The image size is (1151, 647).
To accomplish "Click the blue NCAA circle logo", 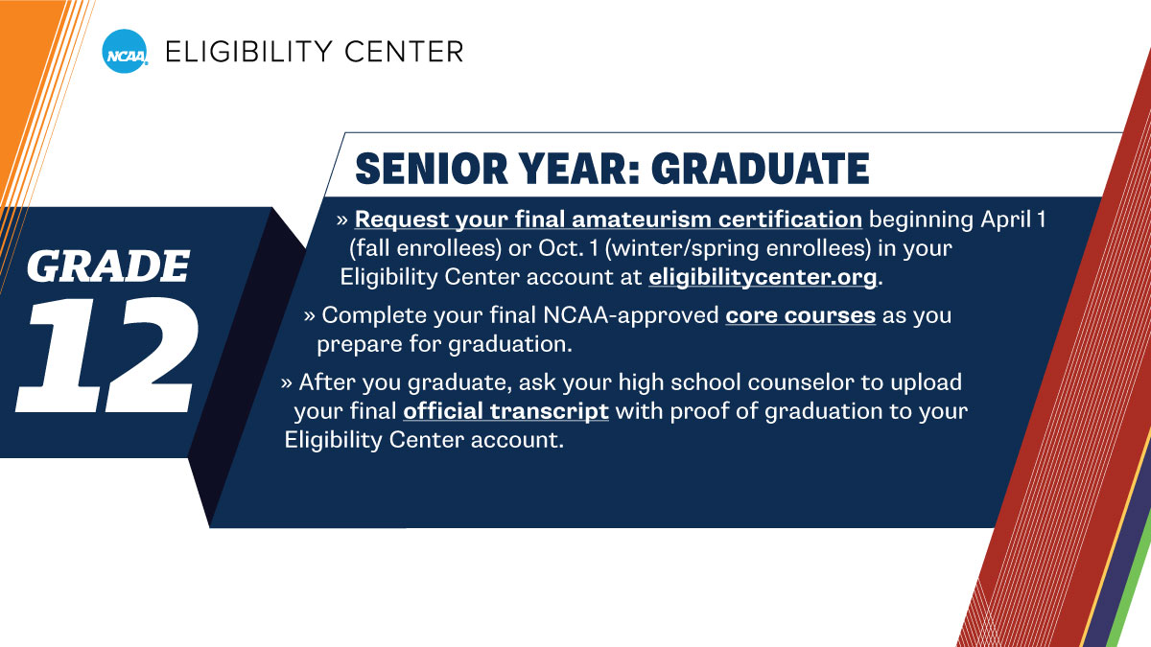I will click(x=125, y=51).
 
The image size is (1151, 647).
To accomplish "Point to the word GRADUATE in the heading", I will click(x=760, y=169).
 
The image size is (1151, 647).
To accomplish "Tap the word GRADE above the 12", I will click(x=107, y=266).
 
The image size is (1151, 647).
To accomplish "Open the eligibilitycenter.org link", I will click(x=763, y=278).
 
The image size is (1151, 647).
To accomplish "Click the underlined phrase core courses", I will click(x=801, y=315).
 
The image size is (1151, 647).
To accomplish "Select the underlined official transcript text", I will click(x=505, y=411).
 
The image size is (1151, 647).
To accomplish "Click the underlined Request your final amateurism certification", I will click(x=608, y=220).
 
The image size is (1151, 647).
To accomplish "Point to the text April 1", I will click(x=1012, y=220).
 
